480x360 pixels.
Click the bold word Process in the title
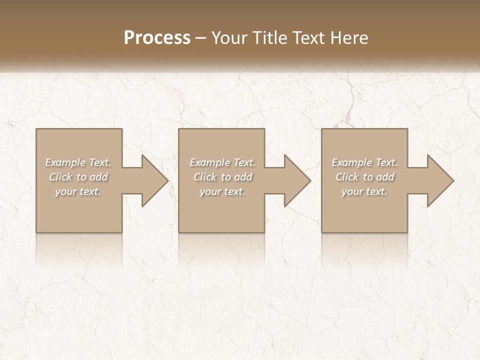pos(157,38)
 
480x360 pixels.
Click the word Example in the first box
pos(64,162)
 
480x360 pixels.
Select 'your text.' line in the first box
pos(77,191)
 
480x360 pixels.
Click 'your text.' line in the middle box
pos(222,191)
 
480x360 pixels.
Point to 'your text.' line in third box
pos(364,191)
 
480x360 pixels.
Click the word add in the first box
pos(98,177)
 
